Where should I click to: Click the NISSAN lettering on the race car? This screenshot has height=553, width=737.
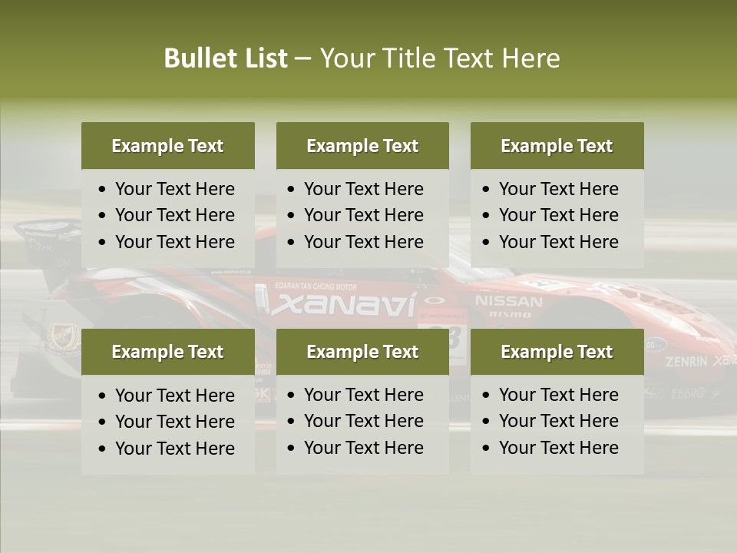point(508,300)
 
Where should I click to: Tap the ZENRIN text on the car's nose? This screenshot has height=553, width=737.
point(686,361)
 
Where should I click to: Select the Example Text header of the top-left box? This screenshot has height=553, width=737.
point(167,146)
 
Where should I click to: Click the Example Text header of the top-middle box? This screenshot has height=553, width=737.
point(362,146)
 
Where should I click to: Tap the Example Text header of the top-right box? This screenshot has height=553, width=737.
point(557,146)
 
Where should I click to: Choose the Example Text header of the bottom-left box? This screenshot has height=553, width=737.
point(167,352)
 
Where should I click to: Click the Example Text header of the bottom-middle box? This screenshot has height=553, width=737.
point(362,352)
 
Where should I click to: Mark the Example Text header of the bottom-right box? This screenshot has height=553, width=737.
point(557,352)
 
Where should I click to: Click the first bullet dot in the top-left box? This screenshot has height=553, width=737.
point(103,190)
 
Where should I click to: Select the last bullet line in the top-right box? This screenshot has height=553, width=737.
point(558,242)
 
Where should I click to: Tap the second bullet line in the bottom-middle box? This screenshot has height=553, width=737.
point(363,421)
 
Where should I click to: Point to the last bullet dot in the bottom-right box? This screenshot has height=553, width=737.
point(487,449)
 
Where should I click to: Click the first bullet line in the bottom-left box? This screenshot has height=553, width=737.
point(174,396)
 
